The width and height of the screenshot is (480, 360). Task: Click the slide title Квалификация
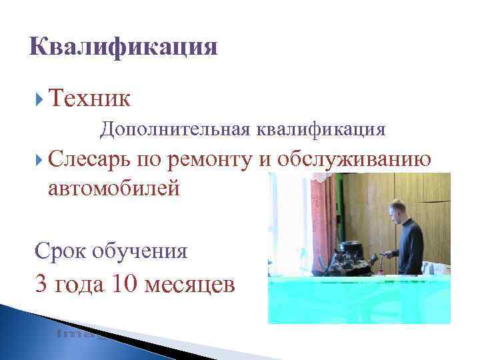124,48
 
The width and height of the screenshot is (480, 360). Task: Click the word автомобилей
114,189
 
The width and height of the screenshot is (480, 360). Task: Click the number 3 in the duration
43,285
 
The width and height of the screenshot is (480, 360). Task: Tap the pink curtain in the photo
324,213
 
